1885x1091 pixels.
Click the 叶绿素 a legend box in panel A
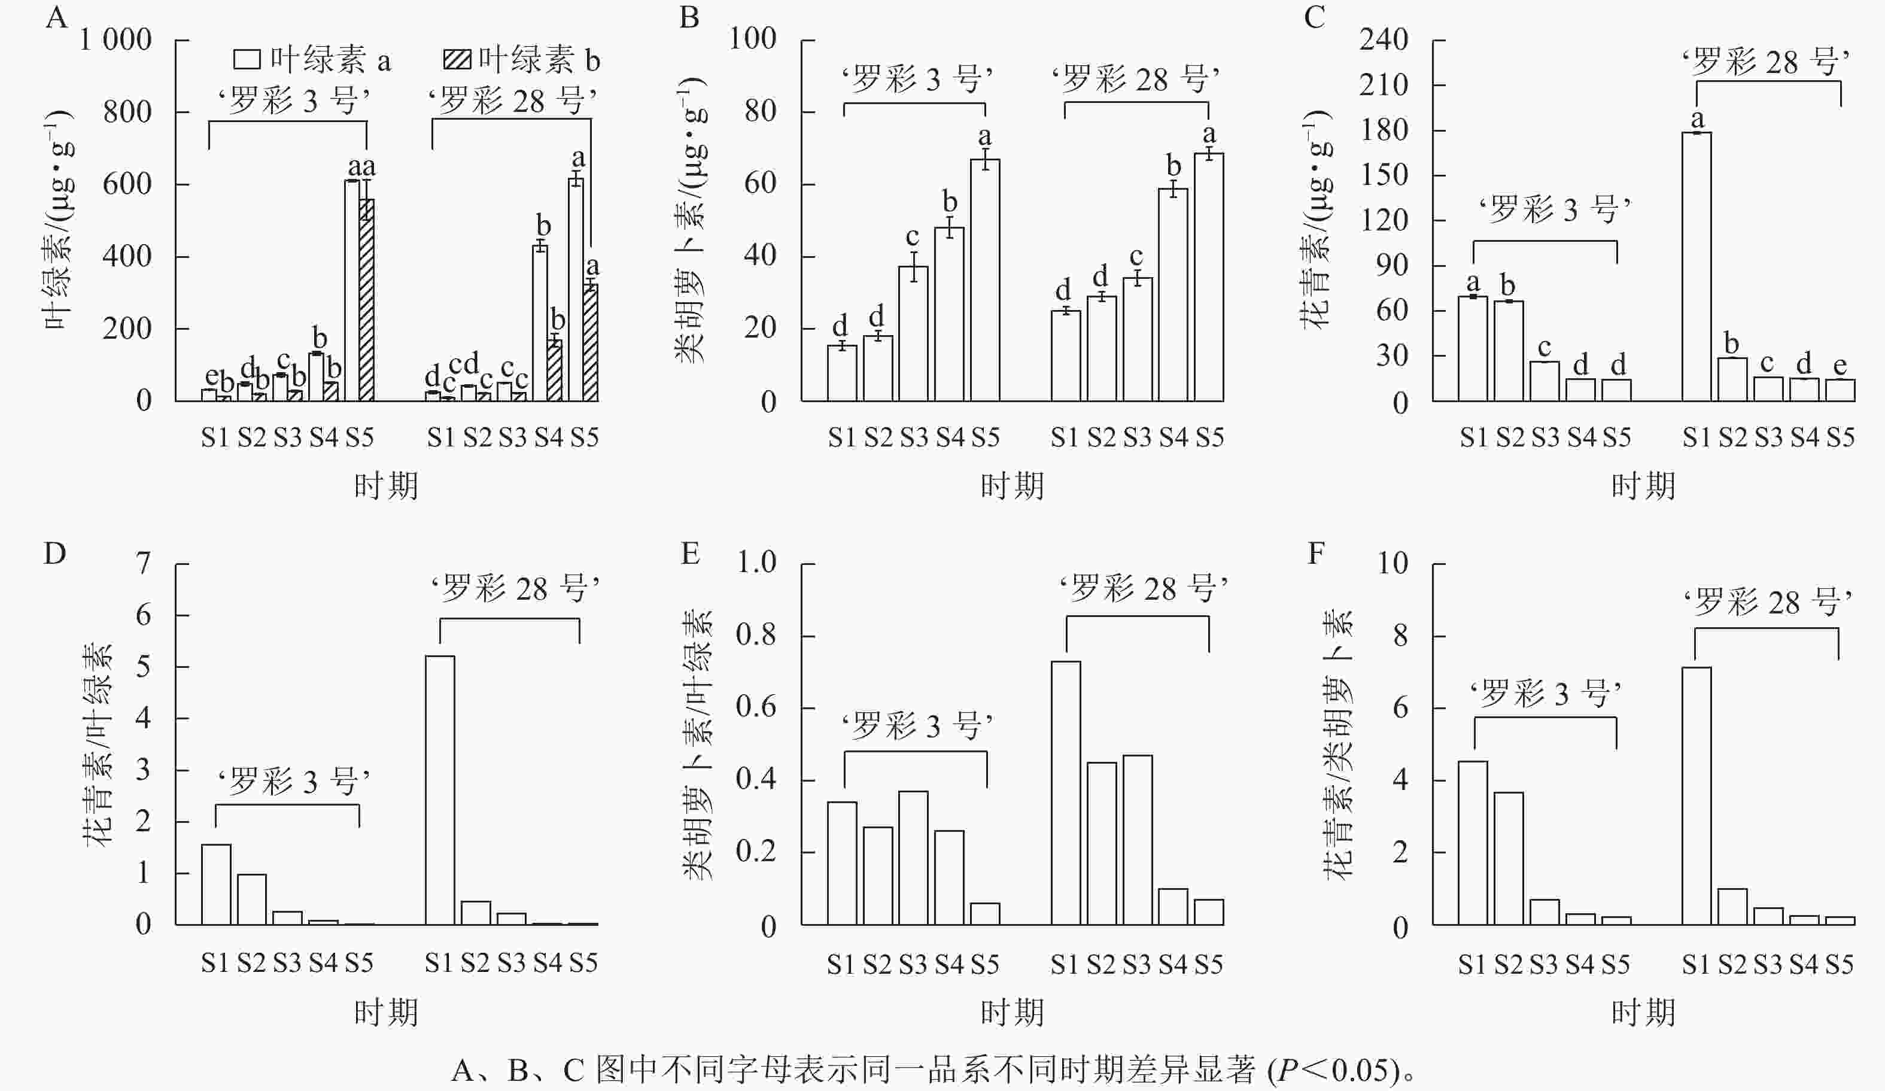click(247, 60)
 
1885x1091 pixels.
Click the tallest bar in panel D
click(440, 789)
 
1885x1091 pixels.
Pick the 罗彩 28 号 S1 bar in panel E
click(1065, 793)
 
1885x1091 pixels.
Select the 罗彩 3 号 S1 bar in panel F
click(1473, 843)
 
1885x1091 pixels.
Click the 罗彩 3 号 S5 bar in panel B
click(985, 281)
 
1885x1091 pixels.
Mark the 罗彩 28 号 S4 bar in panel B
click(1173, 295)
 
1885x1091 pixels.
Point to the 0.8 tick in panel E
click(756, 636)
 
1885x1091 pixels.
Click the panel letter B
click(689, 17)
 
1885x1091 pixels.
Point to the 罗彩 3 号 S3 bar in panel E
click(913, 858)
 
